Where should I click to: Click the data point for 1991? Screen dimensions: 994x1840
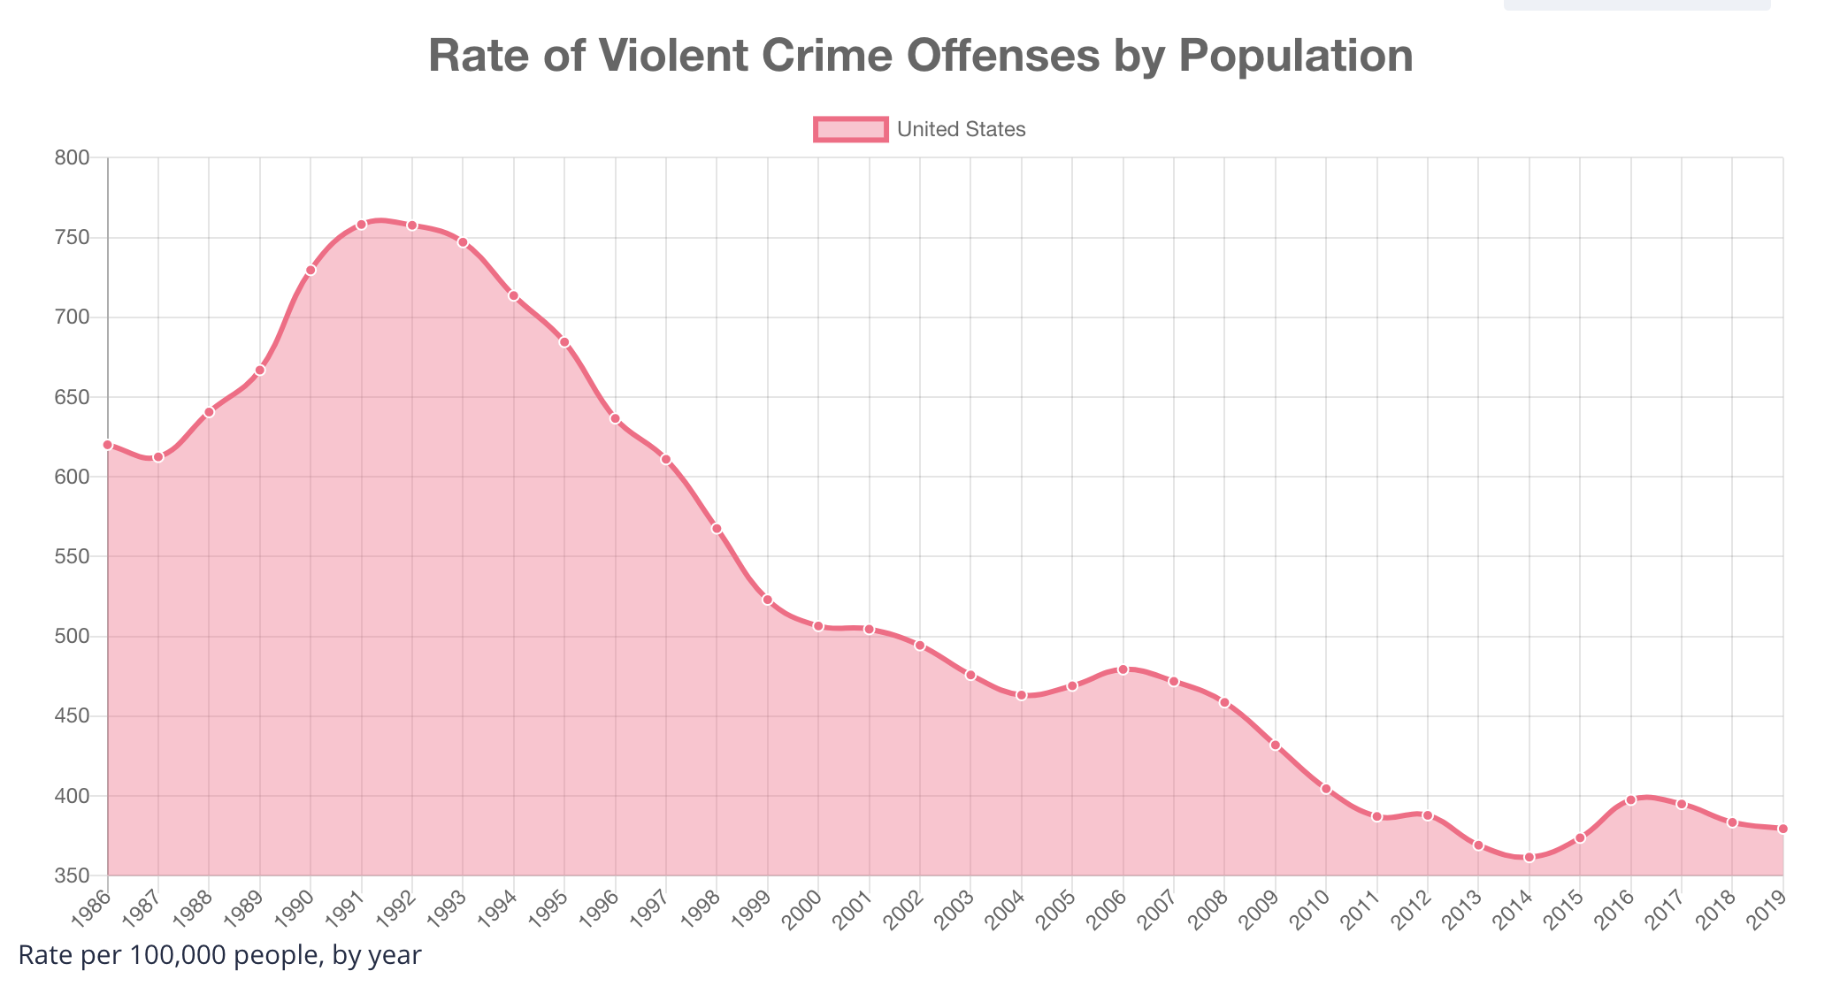click(x=361, y=225)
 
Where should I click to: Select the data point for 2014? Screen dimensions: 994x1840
click(x=1529, y=857)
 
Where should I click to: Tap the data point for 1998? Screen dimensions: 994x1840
click(x=717, y=529)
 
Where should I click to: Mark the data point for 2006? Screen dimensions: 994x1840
click(x=1123, y=669)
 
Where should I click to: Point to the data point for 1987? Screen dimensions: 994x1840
click(x=158, y=457)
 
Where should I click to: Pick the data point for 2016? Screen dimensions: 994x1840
click(x=1630, y=799)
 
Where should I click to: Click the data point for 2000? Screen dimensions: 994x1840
click(x=818, y=626)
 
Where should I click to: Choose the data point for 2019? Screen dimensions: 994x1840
click(x=1782, y=829)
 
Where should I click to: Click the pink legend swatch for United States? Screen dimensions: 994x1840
click(x=850, y=130)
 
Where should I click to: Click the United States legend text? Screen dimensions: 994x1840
click(x=961, y=130)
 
